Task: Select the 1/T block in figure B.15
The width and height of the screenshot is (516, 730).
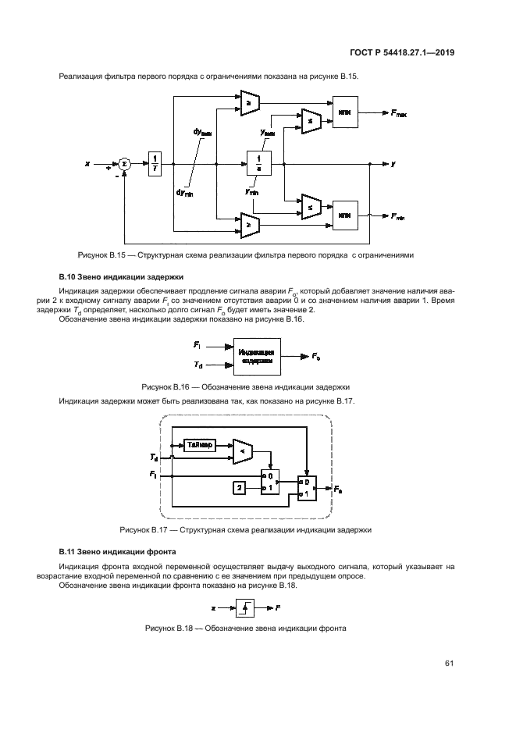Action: pyautogui.click(x=155, y=164)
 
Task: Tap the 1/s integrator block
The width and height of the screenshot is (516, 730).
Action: pyautogui.click(x=258, y=164)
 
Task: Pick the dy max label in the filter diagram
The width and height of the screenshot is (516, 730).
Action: pyautogui.click(x=202, y=134)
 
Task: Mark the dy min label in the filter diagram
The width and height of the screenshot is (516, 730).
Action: pyautogui.click(x=186, y=192)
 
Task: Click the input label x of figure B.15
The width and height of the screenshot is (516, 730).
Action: pyautogui.click(x=88, y=164)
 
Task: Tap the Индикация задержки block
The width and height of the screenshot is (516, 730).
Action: pyautogui.click(x=257, y=357)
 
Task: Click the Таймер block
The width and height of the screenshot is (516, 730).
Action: pyautogui.click(x=201, y=445)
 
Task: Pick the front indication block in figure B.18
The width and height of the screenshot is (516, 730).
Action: pyautogui.click(x=244, y=606)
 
